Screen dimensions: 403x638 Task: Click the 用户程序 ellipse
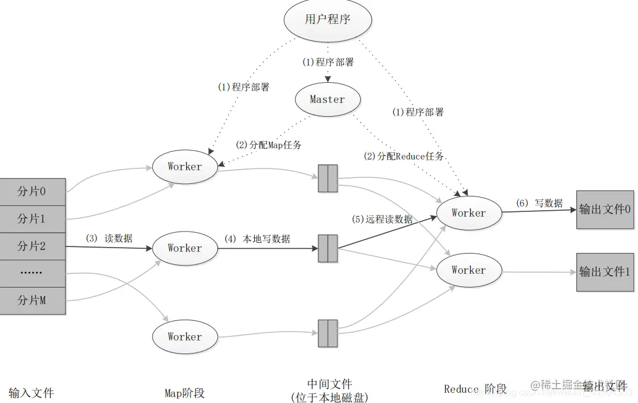[x=327, y=20]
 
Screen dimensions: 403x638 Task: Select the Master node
[x=327, y=99]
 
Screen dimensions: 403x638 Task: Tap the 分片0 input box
[x=32, y=192]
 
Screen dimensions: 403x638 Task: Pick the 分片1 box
[x=32, y=218]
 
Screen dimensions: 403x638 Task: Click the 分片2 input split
[x=32, y=246]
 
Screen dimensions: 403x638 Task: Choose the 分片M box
[x=32, y=301]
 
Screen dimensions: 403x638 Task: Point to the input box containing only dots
[x=32, y=273]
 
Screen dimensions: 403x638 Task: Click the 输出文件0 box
[x=605, y=210]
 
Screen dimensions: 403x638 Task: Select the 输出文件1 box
[x=605, y=271]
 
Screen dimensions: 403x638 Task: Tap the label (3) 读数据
[x=109, y=238]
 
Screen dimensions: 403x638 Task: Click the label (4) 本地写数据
[x=257, y=239]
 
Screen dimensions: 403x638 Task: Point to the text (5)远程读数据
[x=382, y=219]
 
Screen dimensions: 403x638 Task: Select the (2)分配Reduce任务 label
[x=404, y=156]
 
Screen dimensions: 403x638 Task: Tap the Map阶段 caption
[x=184, y=393]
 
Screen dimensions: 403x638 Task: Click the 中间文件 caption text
[x=329, y=384]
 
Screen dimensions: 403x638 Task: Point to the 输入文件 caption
[x=31, y=393]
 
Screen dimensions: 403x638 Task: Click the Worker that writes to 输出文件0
[x=469, y=213]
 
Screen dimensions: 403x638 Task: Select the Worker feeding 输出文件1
[x=469, y=270]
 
